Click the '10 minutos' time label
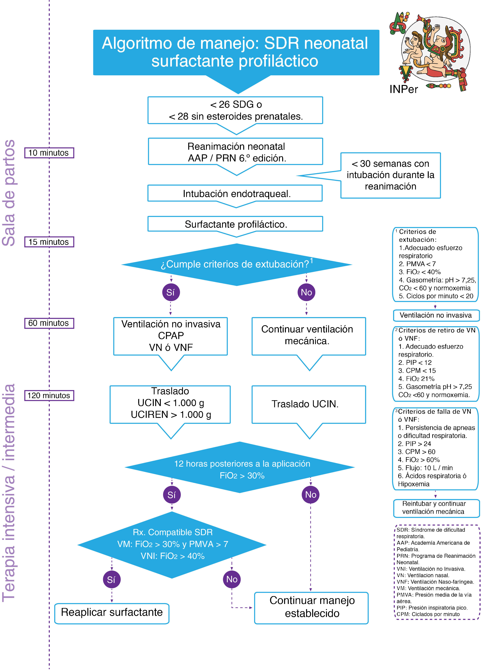[x=49, y=153]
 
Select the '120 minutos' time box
[x=49, y=395]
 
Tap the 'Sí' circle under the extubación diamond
[x=171, y=292]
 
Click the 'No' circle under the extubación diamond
[x=306, y=292]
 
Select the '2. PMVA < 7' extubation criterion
[x=417, y=264]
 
